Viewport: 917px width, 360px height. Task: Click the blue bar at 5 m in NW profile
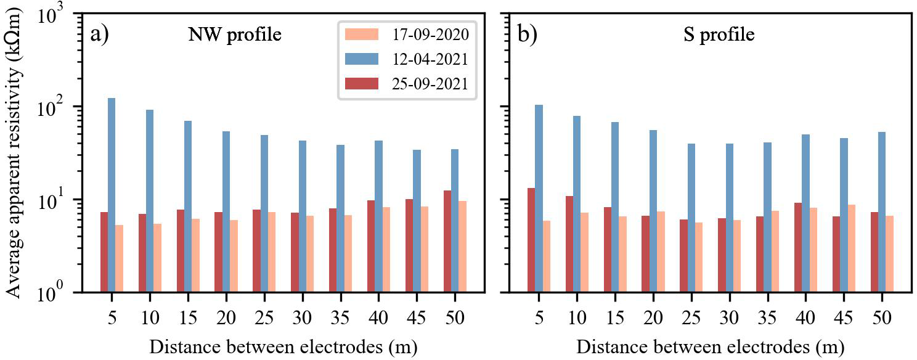[x=112, y=195]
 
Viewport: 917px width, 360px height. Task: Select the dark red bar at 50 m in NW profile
[x=447, y=241]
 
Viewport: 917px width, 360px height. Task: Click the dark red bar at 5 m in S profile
[x=531, y=240]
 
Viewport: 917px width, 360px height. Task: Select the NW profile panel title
[x=235, y=35]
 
